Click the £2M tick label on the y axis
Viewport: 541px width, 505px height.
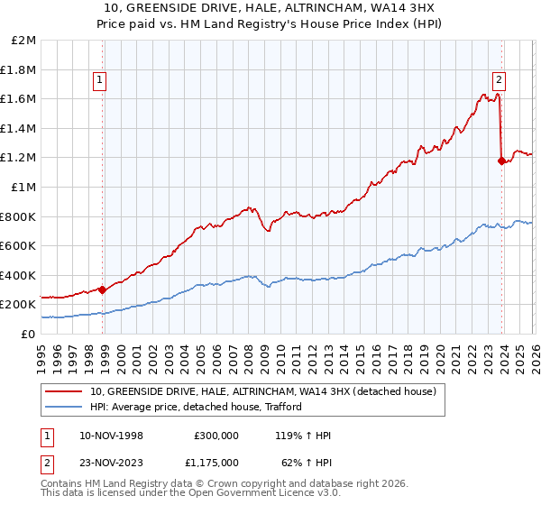[24, 41]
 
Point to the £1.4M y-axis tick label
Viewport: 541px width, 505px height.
[19, 129]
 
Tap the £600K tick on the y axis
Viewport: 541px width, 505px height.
[19, 246]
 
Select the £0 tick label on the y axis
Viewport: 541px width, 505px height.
[28, 334]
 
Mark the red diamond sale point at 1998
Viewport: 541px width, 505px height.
[103, 289]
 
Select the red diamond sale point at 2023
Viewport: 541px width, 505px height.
[502, 161]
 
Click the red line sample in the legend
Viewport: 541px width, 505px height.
[63, 392]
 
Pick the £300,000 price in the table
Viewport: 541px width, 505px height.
[216, 436]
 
